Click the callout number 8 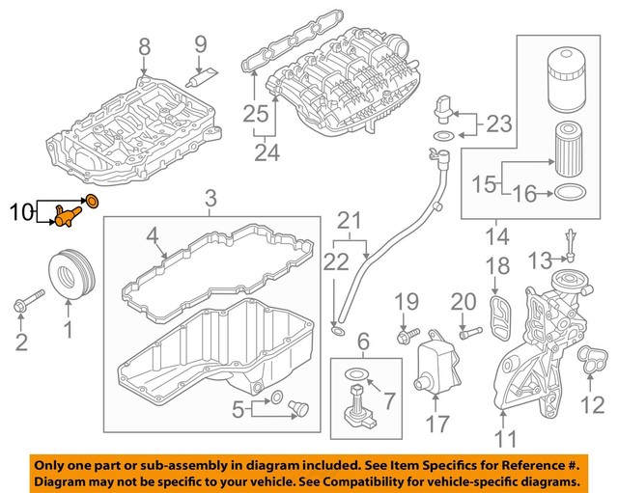click(145, 45)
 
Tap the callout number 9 click(201, 43)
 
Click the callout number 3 click(211, 200)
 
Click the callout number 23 click(498, 123)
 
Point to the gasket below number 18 click(499, 314)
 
